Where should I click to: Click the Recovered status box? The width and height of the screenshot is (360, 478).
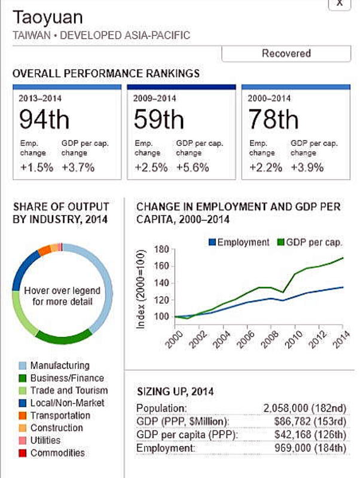click(286, 53)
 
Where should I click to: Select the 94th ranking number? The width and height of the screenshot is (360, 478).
click(44, 119)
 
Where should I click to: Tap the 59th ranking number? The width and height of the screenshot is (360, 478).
click(158, 119)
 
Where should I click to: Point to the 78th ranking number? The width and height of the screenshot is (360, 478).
click(273, 119)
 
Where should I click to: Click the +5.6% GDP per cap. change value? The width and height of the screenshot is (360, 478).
click(193, 167)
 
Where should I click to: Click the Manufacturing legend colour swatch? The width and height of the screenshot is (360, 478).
click(22, 366)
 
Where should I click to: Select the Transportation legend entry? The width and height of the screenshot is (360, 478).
click(60, 415)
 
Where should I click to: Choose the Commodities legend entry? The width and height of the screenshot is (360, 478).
click(57, 453)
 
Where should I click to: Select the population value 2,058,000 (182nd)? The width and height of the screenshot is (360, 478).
click(305, 408)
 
